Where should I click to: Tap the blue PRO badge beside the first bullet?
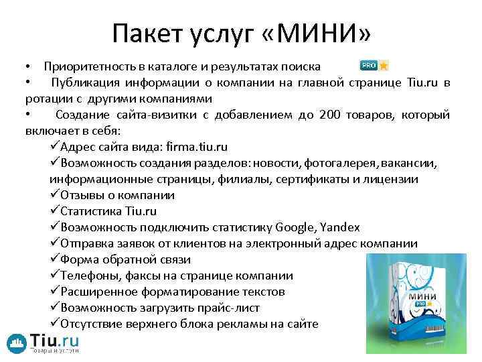(x=369, y=66)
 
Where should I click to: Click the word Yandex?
(x=339, y=227)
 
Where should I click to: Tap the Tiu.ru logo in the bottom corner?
(x=44, y=343)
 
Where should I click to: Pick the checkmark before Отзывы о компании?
(x=54, y=195)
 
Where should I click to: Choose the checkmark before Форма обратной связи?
(x=54, y=259)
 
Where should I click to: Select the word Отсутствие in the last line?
(x=92, y=324)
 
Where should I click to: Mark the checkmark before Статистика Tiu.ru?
(x=54, y=211)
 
